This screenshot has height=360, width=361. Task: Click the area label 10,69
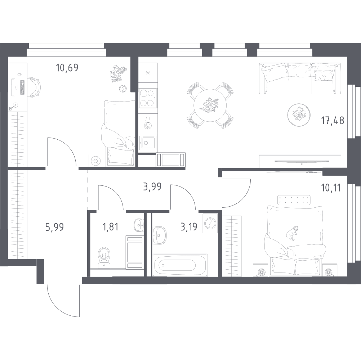click(67, 68)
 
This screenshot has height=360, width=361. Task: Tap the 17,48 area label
click(333, 120)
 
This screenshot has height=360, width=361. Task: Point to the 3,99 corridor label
click(152, 186)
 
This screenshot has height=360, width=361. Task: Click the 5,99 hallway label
click(54, 227)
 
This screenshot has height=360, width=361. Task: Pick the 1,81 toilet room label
click(110, 227)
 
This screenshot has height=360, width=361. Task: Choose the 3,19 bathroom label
click(189, 227)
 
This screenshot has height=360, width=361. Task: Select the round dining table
click(210, 105)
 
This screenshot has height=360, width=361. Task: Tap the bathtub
click(180, 265)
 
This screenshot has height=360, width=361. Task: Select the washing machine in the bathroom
click(210, 223)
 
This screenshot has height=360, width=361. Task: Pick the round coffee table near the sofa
click(299, 115)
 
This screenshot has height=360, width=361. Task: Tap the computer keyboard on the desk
click(23, 87)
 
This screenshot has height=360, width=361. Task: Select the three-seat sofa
click(300, 78)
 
